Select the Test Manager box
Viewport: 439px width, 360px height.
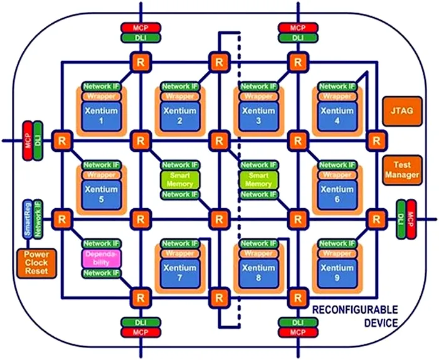[401, 169]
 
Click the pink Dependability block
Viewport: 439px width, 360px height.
[100, 258]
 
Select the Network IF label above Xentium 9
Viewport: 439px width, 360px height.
[336, 243]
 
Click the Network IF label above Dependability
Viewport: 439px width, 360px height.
[100, 243]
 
